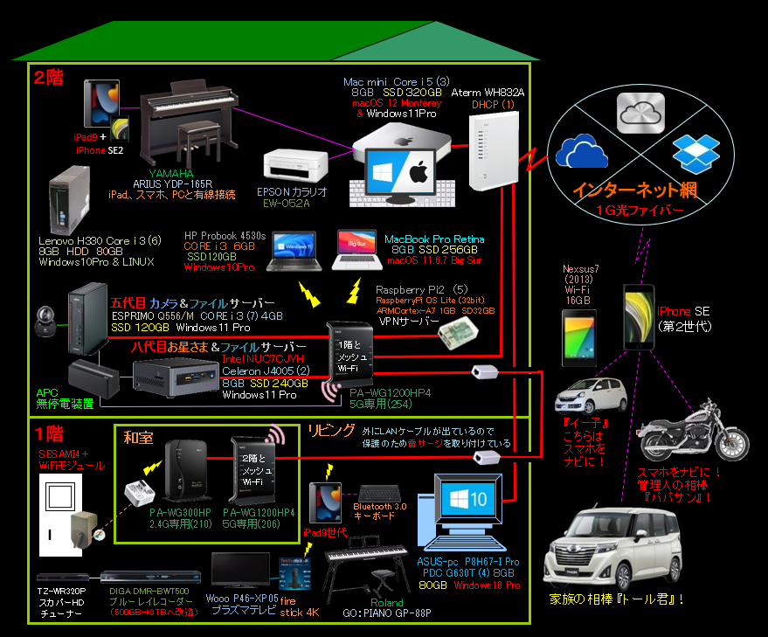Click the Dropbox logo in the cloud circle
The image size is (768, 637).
(695, 152)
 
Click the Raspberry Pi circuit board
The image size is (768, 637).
(459, 330)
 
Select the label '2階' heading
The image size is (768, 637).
(49, 77)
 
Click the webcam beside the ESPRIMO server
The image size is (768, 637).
(48, 323)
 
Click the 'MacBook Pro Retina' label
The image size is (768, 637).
(434, 239)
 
